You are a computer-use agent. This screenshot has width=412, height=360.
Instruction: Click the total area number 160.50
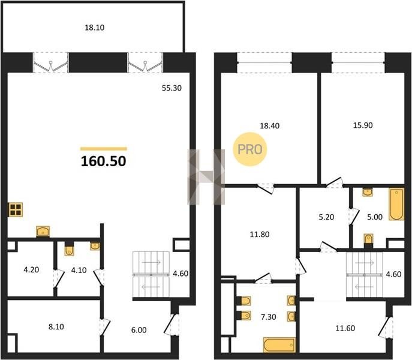tap(104, 161)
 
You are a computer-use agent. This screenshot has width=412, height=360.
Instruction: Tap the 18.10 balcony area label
tap(95, 28)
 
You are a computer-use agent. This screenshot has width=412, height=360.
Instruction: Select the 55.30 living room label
tap(172, 88)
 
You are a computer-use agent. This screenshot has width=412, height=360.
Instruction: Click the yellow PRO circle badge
tap(250, 149)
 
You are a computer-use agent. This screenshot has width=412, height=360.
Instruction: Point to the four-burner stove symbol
tap(16, 209)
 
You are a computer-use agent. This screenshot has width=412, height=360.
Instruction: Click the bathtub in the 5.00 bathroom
tap(396, 204)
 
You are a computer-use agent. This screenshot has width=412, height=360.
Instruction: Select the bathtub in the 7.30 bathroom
tap(279, 345)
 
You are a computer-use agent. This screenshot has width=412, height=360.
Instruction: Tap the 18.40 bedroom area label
tap(270, 126)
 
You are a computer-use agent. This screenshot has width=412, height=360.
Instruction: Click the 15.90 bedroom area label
tap(363, 125)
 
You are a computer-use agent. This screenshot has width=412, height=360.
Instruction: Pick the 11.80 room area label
tap(260, 235)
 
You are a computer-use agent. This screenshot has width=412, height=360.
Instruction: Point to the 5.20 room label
tap(326, 217)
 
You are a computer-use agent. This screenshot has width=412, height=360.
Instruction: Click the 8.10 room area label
tap(56, 327)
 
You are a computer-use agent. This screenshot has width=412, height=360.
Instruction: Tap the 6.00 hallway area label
tap(139, 330)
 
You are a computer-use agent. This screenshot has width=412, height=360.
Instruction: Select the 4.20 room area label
tap(31, 270)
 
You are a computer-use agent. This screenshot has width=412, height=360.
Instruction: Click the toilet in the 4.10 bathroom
tap(69, 250)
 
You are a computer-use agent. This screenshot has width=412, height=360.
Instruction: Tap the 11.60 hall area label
tap(345, 328)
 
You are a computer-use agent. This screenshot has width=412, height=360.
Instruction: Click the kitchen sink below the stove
tap(43, 232)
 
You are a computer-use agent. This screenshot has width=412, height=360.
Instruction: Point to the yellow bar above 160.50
tap(104, 149)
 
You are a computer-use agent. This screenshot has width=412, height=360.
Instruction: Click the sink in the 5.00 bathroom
tap(368, 192)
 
